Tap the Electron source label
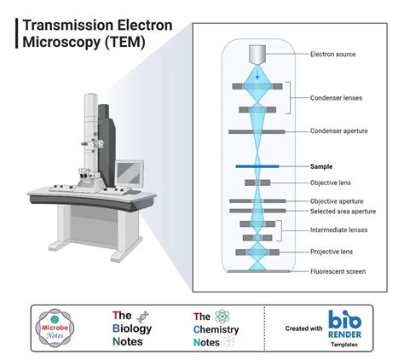pyautogui.click(x=334, y=55)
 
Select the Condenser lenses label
pyautogui.click(x=336, y=98)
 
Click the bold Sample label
pyautogui.click(x=321, y=166)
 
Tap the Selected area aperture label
pyautogui.click(x=343, y=212)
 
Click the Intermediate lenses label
pyautogui.click(x=339, y=230)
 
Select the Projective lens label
pyautogui.click(x=332, y=252)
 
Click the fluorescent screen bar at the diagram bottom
pyautogui.click(x=257, y=271)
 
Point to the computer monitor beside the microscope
pyautogui.click(x=131, y=178)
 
